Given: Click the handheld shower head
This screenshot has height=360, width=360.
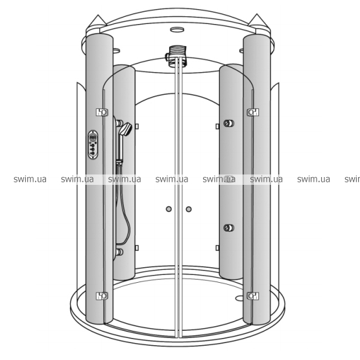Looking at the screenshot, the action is (x=126, y=129).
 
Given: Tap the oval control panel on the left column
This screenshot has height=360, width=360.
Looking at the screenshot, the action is (x=93, y=145).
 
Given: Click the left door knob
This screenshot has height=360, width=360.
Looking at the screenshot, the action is (x=169, y=209).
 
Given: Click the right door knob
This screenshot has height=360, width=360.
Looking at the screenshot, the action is (x=189, y=209).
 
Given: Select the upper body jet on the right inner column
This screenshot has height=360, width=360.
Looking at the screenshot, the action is (x=229, y=123).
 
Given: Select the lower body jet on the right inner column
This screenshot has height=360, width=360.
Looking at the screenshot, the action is (x=229, y=228).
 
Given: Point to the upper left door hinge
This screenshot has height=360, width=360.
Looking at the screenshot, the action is (x=102, y=112).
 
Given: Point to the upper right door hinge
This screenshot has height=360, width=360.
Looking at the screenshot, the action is (x=253, y=112).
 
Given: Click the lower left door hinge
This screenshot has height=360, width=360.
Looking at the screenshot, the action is (x=102, y=296).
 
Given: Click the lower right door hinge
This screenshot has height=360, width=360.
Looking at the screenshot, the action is (x=253, y=296).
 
